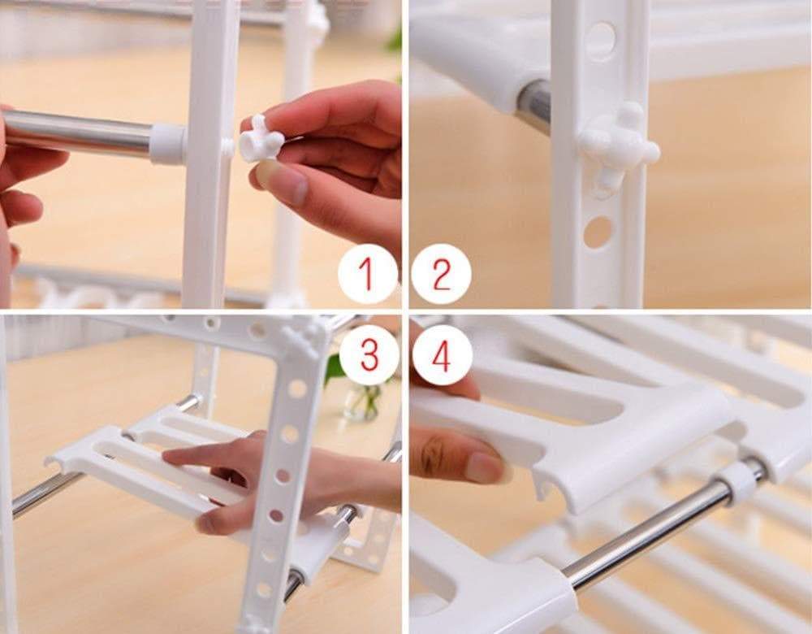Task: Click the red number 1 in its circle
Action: coord(367,274)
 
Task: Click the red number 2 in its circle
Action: coord(442,274)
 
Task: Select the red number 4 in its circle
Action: coord(442,356)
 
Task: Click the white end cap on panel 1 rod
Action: coord(167,144)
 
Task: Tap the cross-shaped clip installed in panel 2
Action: coord(618,145)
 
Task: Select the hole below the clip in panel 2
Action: coord(598,232)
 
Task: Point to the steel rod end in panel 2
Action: coord(533,105)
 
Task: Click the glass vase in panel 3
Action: coord(363,401)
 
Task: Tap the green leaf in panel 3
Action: coord(334,370)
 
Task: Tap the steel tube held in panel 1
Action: coord(77,133)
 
